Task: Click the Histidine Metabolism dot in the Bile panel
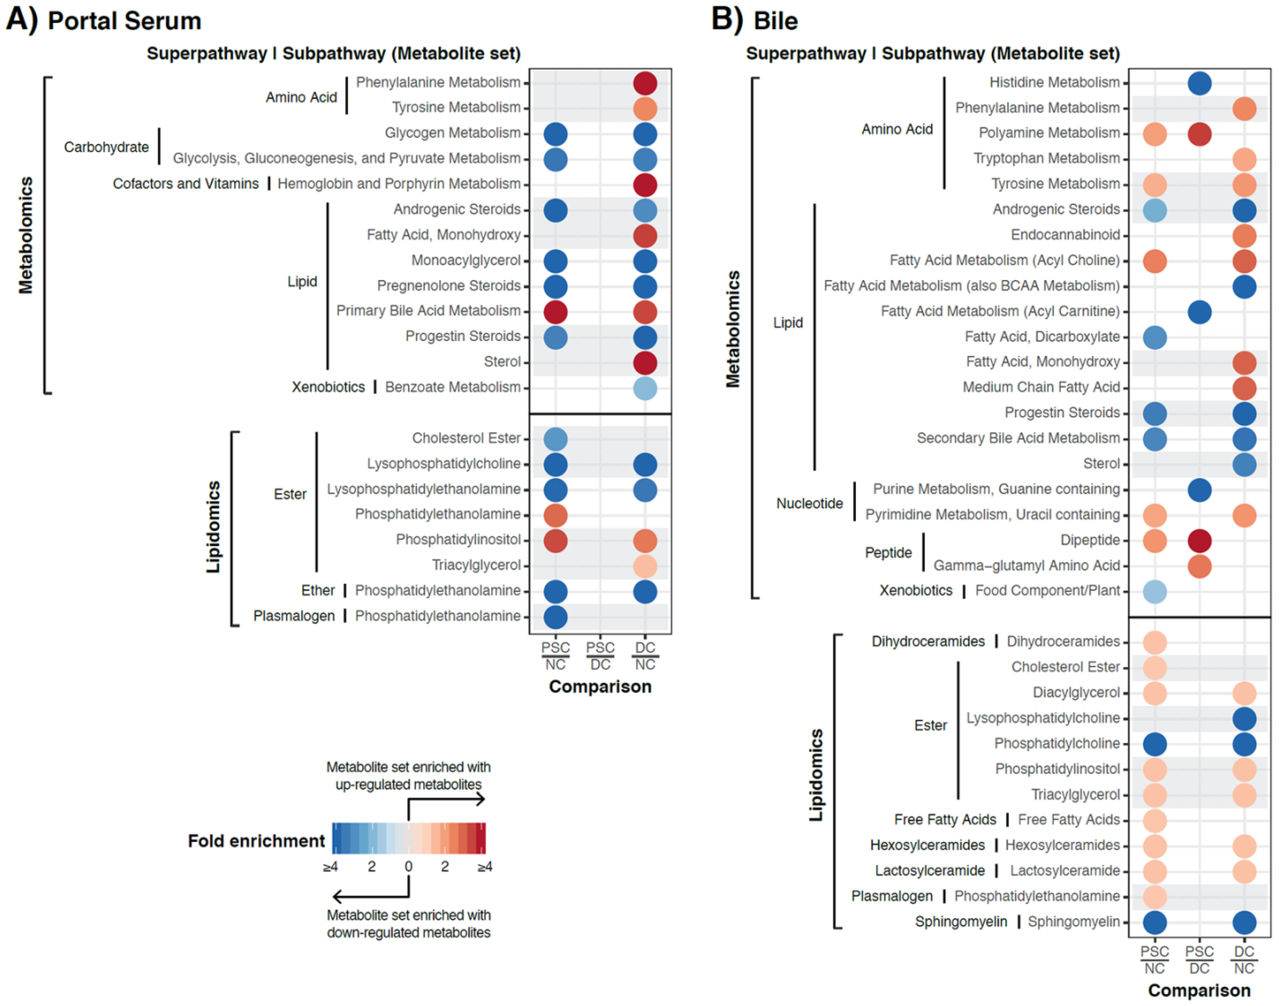point(1199,83)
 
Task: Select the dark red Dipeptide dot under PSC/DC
point(1199,541)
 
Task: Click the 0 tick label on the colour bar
point(408,867)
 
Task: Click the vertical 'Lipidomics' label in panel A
point(213,527)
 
